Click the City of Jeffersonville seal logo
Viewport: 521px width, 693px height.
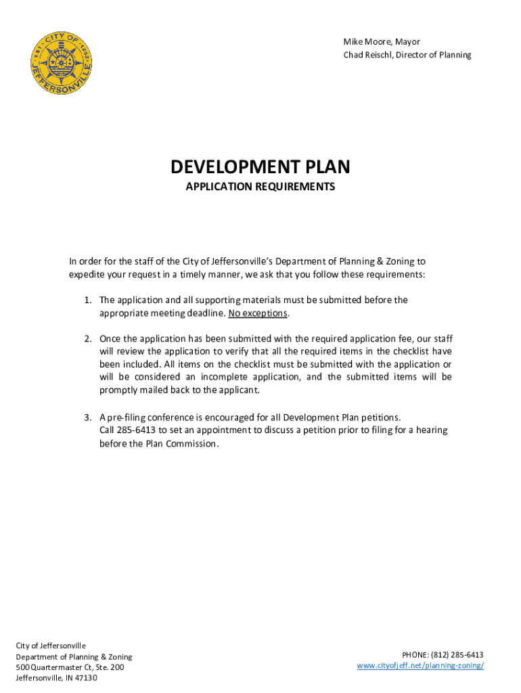point(62,65)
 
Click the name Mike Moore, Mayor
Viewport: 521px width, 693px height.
point(381,42)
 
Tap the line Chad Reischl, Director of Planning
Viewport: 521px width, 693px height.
point(407,55)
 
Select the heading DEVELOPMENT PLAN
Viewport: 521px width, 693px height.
point(260,166)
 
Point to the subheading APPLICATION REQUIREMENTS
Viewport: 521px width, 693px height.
point(260,186)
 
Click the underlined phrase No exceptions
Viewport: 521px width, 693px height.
point(258,313)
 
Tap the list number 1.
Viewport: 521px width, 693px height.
point(88,300)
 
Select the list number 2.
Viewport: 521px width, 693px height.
point(88,338)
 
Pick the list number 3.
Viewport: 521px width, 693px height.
point(88,416)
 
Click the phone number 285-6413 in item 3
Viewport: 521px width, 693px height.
point(137,430)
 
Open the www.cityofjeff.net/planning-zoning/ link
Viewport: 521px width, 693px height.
point(420,665)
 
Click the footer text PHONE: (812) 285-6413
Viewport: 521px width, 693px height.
point(443,654)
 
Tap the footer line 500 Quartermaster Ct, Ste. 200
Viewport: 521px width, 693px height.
point(70,667)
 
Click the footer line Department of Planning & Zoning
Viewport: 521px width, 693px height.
point(74,656)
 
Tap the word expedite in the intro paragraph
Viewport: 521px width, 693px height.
point(89,275)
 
